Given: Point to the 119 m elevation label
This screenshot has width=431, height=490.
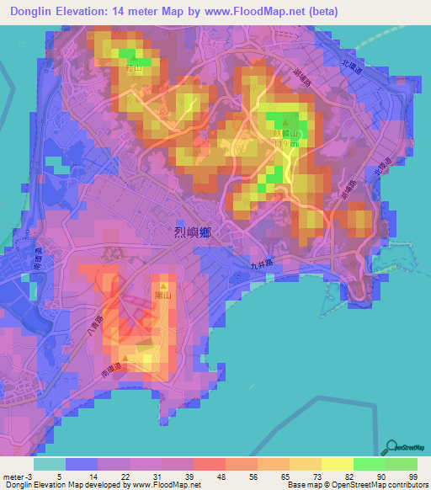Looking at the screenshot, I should pyautogui.click(x=284, y=144).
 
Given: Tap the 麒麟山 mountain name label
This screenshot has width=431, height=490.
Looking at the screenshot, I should pyautogui.click(x=285, y=133).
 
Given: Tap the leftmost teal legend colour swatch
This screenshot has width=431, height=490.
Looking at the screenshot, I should pyautogui.click(x=49, y=463).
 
